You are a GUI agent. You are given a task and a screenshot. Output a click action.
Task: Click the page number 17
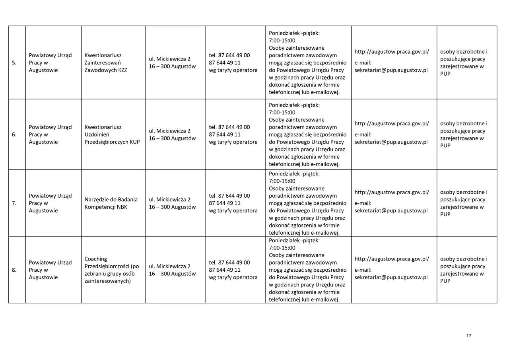coord(468,336)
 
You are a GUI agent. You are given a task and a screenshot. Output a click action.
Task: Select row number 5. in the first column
coord(14,63)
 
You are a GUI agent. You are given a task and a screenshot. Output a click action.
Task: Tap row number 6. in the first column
coord(14,134)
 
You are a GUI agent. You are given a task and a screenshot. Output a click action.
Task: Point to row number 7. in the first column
coord(14,203)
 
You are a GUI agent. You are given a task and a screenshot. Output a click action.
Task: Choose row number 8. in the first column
coord(14,270)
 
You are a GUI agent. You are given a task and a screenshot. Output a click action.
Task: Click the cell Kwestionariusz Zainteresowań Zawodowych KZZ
coord(106,63)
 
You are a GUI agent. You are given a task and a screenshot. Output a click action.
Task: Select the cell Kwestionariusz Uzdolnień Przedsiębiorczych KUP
coord(112,134)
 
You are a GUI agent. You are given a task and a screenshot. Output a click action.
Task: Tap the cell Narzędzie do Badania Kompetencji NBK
coord(111,203)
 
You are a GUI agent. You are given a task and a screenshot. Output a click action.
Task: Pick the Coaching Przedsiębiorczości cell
coord(112,270)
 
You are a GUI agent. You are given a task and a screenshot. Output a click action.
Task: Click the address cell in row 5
coord(173,63)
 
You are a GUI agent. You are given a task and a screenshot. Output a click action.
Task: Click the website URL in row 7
coord(392,192)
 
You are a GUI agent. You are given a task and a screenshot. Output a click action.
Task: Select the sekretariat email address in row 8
coord(391,277)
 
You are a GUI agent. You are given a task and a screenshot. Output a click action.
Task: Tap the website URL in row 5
coord(392,52)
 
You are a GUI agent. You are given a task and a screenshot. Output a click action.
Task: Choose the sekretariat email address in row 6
coord(391,142)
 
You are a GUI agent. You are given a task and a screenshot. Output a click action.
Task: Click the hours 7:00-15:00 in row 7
coord(282,181)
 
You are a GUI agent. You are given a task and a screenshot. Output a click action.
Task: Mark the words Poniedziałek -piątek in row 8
coord(294,240)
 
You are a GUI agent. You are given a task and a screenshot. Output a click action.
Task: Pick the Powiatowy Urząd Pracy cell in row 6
coord(50,134)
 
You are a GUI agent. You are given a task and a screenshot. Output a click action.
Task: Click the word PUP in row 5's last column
coord(445,74)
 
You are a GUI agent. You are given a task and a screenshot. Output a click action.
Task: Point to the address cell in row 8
coord(173,270)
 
